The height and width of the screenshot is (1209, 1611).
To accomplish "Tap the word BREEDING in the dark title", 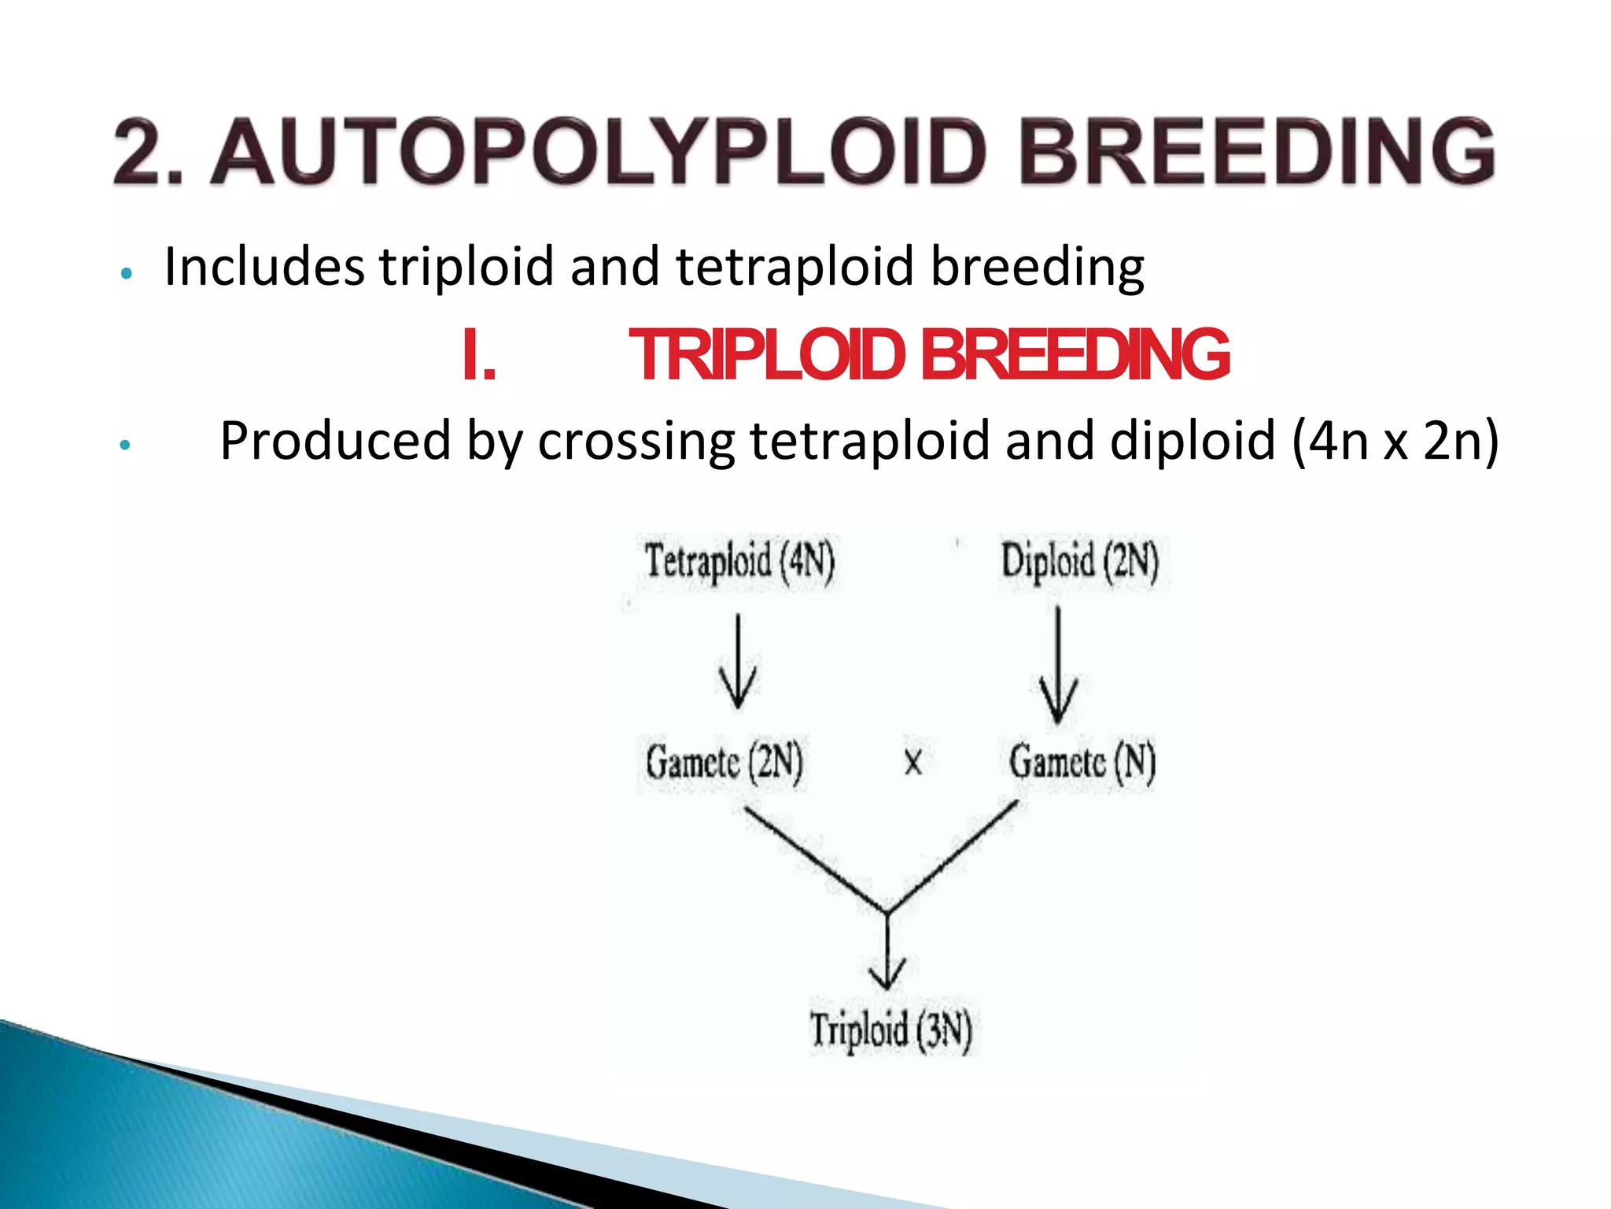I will (x=1256, y=152).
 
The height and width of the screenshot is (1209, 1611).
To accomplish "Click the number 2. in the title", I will (x=148, y=152).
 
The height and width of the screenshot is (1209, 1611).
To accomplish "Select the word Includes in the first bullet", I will (x=264, y=267).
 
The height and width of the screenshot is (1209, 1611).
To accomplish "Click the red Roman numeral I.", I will (x=479, y=356).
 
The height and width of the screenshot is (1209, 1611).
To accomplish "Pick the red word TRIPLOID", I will (x=767, y=356).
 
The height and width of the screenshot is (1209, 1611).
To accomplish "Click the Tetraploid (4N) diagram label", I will (x=739, y=562).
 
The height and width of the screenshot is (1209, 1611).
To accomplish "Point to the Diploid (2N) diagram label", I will (x=1079, y=562).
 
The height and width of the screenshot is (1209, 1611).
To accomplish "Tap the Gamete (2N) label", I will (x=724, y=762).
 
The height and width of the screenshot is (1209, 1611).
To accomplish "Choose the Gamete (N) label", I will (x=1082, y=762).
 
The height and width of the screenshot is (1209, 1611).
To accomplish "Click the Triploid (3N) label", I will (x=891, y=1030).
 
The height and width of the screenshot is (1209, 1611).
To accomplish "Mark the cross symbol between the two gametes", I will (x=912, y=762).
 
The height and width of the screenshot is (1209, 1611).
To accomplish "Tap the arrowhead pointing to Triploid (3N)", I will (x=887, y=976).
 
